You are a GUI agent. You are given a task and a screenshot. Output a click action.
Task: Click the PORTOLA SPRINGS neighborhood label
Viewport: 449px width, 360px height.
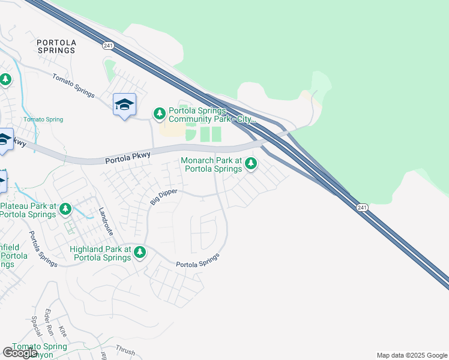[56, 46]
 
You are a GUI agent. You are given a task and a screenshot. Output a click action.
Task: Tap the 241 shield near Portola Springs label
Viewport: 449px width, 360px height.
[108, 45]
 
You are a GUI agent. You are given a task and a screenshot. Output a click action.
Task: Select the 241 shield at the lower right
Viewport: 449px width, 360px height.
[361, 207]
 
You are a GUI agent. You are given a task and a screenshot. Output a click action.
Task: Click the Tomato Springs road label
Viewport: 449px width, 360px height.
[73, 85]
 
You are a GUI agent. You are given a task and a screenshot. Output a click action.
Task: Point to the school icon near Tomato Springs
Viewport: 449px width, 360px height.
[124, 104]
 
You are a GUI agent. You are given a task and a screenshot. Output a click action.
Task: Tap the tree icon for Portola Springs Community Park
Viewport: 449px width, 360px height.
[159, 113]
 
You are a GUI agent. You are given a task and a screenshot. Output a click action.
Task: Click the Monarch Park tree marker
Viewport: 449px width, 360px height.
[250, 163]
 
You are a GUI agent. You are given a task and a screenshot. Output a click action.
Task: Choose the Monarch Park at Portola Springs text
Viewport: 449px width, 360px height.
[212, 165]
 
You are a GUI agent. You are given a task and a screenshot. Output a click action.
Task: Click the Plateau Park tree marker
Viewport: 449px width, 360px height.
[65, 209]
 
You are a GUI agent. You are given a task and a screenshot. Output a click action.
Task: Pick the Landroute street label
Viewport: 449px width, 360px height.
[106, 220]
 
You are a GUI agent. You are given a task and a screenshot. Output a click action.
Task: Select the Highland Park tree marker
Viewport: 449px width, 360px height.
[140, 252]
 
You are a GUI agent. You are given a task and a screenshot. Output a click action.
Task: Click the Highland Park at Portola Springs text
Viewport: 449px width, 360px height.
[100, 253]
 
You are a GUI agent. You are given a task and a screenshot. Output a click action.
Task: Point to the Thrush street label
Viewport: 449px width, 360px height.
[125, 351]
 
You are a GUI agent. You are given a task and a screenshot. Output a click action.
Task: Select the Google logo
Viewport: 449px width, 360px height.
[20, 353]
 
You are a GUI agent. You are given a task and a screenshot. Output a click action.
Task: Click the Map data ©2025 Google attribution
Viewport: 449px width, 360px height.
[412, 355]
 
